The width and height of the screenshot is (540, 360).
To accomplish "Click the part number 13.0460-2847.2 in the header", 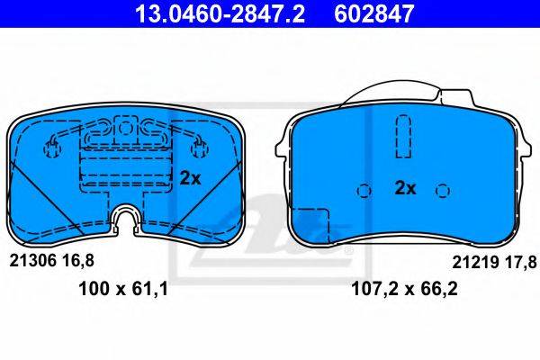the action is click(x=220, y=13).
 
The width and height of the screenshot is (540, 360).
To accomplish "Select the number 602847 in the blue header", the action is click(x=373, y=13).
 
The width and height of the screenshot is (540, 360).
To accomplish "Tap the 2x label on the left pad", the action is click(x=190, y=178).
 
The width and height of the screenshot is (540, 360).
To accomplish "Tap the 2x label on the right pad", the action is click(x=405, y=188).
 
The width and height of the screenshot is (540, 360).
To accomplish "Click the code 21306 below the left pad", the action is click(x=32, y=261).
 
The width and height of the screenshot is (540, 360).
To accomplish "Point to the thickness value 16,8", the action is click(x=77, y=261).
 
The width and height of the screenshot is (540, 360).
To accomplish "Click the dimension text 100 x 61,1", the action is click(x=123, y=289).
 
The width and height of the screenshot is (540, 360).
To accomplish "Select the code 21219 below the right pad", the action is click(x=475, y=263).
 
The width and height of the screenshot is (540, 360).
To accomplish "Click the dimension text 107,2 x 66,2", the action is click(x=404, y=289).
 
